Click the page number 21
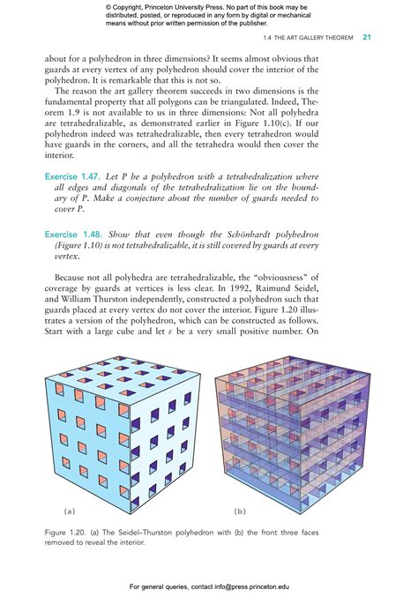pyautogui.click(x=367, y=39)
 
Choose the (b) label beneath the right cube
pyautogui.click(x=240, y=511)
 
